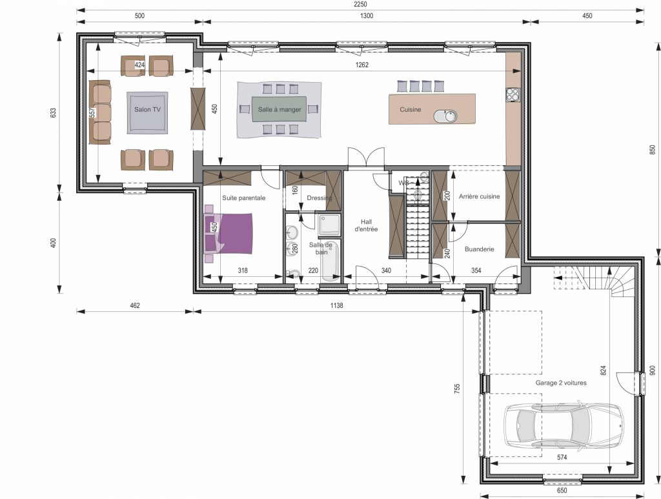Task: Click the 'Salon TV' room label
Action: point(148,110)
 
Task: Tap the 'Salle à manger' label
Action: point(280,110)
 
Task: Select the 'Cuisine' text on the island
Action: point(410,110)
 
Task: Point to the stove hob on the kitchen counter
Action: point(513,95)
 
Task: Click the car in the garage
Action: point(564,425)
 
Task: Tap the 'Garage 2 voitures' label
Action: point(561,383)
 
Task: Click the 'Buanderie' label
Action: point(480,249)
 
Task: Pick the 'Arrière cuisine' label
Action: point(480,196)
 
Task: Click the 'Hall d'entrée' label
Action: point(366,225)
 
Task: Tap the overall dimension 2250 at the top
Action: point(360,5)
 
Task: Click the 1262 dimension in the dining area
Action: point(362,65)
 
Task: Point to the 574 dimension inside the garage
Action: point(562,457)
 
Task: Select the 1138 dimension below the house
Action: point(336,305)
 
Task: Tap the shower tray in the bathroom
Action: point(329,225)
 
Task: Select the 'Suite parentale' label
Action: point(243,198)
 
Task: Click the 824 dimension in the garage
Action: point(604,371)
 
